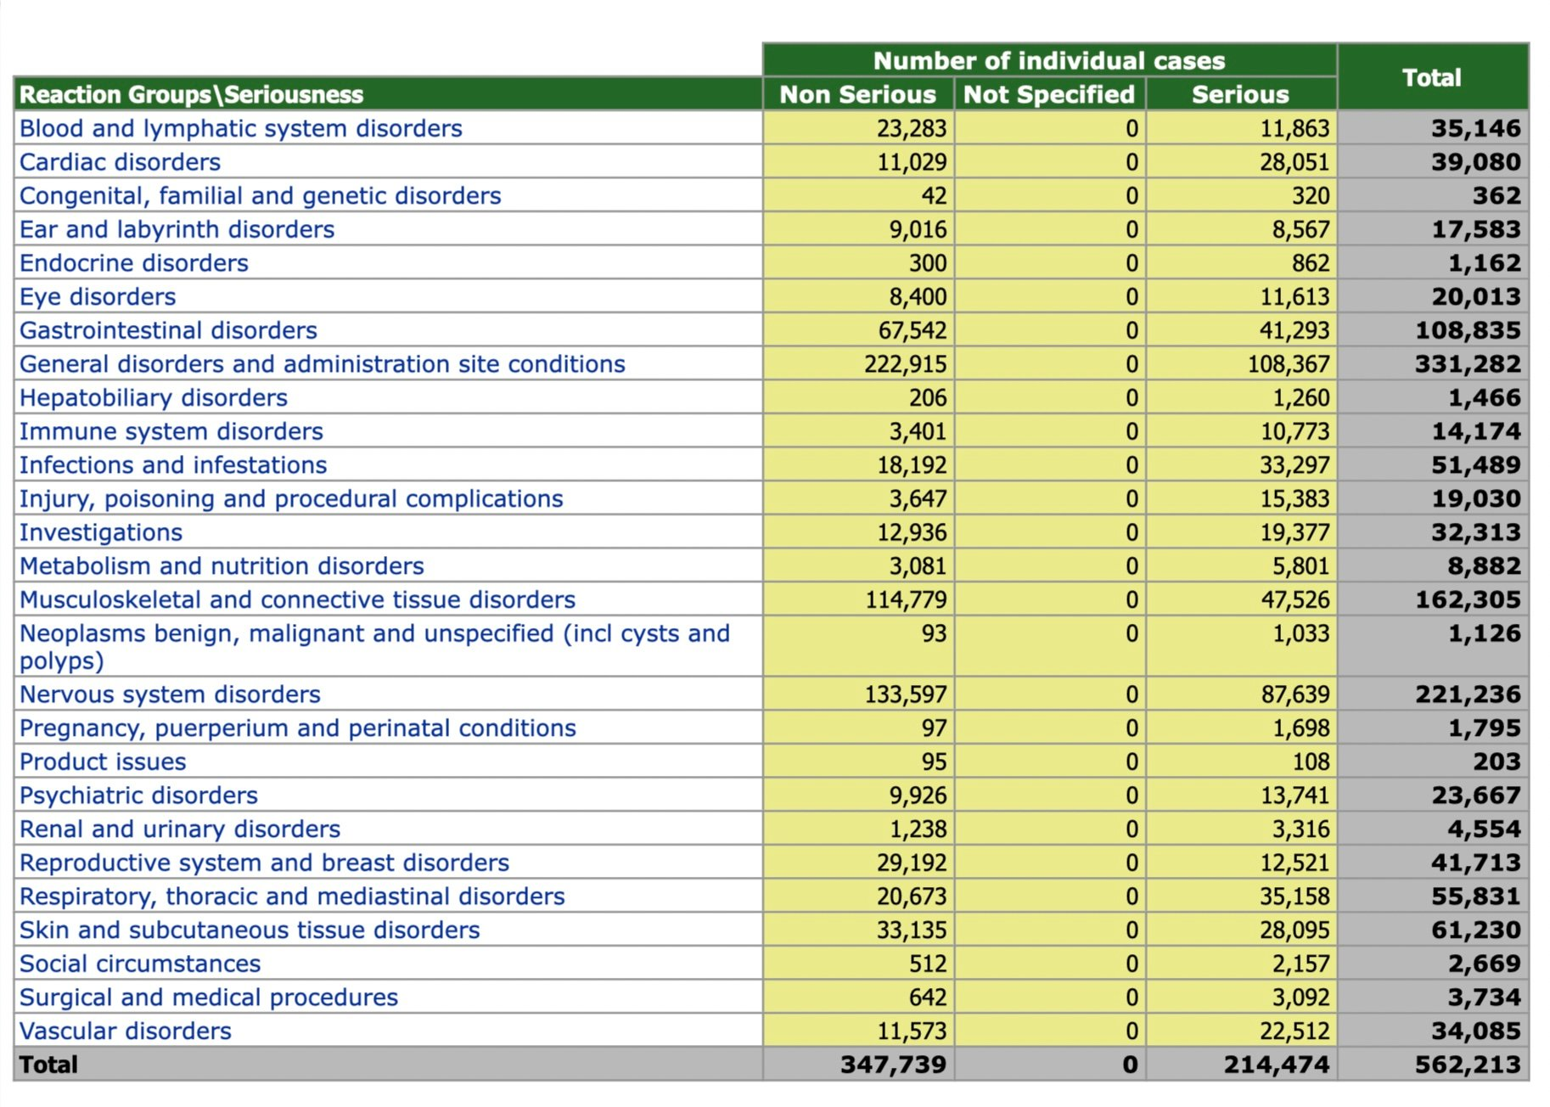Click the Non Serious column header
(x=857, y=94)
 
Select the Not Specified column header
(x=1049, y=94)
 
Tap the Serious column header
(x=1240, y=94)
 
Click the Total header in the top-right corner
(x=1432, y=77)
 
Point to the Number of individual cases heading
(x=1049, y=60)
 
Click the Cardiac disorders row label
(x=120, y=162)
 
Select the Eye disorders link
(x=98, y=297)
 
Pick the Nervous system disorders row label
(x=170, y=694)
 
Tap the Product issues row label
(x=103, y=761)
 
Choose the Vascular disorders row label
(x=126, y=1031)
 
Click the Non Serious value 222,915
(x=905, y=364)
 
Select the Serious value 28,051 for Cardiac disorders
(x=1294, y=162)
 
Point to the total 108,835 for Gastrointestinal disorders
(x=1468, y=330)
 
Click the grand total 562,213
(x=1468, y=1065)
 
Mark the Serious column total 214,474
(x=1277, y=1065)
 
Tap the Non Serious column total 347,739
(x=893, y=1065)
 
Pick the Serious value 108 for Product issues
(x=1311, y=761)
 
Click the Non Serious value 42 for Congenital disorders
(x=934, y=196)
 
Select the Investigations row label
(x=101, y=532)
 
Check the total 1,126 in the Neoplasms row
(x=1485, y=633)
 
